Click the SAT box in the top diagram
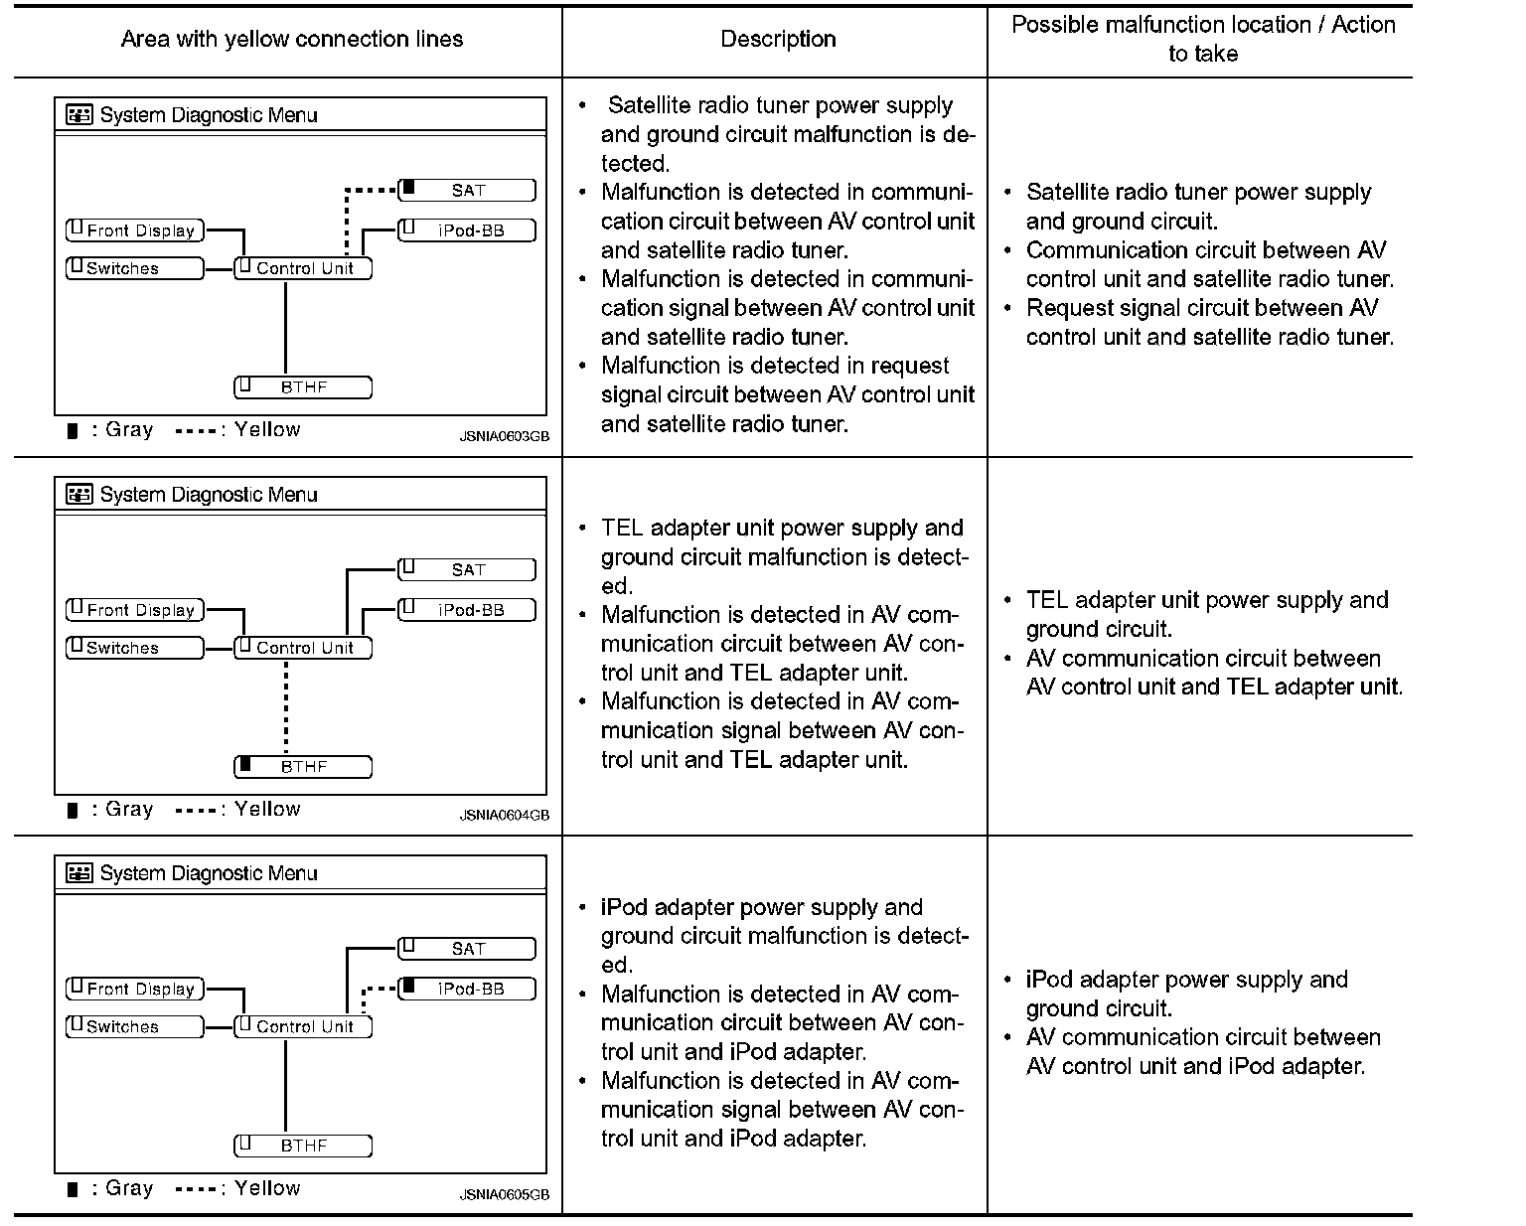(467, 190)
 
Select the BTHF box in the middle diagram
(303, 767)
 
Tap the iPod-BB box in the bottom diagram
(467, 989)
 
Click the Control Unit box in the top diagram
(303, 268)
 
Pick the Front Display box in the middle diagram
(135, 610)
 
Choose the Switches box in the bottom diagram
(135, 1026)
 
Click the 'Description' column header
(778, 40)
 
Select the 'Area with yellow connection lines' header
(291, 40)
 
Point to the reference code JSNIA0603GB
(504, 436)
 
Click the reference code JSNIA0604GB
(504, 816)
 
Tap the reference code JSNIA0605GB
(504, 1195)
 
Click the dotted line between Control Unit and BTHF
(286, 707)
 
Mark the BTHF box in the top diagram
(303, 387)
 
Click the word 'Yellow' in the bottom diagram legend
(267, 1188)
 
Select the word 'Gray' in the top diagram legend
(129, 430)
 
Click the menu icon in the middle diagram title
(78, 494)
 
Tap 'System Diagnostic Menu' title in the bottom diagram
(209, 873)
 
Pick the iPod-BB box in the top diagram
(467, 230)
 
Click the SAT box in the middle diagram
(467, 570)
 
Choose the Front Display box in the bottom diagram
(135, 989)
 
